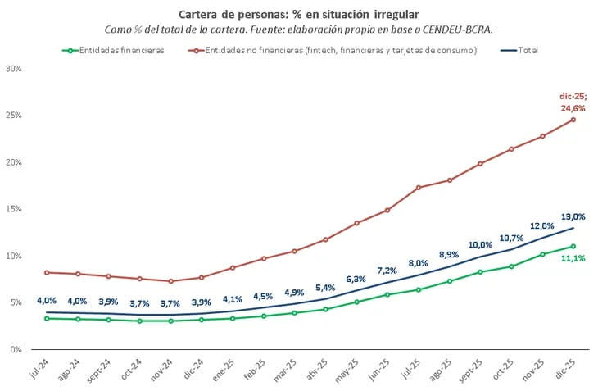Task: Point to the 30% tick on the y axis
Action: pyautogui.click(x=13, y=69)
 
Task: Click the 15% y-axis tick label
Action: pyautogui.click(x=13, y=209)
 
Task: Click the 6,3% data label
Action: pyautogui.click(x=356, y=279)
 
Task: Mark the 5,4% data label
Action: pyautogui.click(x=324, y=288)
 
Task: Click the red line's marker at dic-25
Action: pyautogui.click(x=573, y=120)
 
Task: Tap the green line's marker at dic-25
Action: pyautogui.click(x=573, y=246)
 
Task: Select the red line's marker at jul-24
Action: pyautogui.click(x=47, y=272)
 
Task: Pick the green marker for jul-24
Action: pyautogui.click(x=47, y=318)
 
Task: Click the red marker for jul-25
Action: pyautogui.click(x=418, y=188)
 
